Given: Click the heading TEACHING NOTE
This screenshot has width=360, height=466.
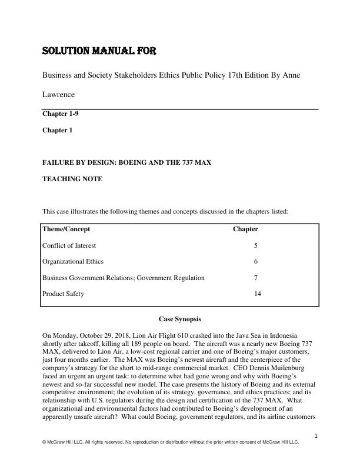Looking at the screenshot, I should tap(72, 179).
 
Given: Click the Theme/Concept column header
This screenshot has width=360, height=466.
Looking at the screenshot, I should tap(66, 229).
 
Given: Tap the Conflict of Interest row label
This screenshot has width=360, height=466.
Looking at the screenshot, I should tap(69, 245).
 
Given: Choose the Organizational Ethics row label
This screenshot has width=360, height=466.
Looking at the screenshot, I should tap(69, 261).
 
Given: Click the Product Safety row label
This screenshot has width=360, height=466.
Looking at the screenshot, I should tap(63, 294).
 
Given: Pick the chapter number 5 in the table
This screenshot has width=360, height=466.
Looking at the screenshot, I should tap(255, 245).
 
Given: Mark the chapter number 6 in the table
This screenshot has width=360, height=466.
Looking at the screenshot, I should tap(255, 261).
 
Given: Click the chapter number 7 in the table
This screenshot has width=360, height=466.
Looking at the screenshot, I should tap(255, 278).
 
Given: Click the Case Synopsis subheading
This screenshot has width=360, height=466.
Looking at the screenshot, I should tap(181, 318).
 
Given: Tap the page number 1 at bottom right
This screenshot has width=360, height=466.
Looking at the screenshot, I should tap(316, 436).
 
